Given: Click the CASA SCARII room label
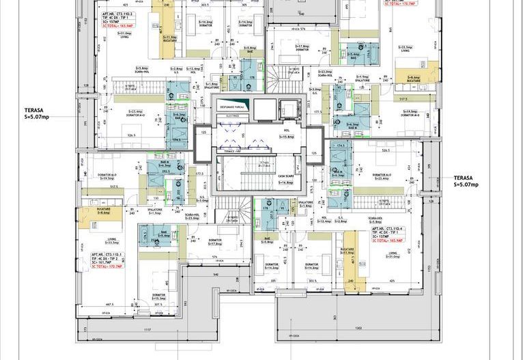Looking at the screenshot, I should click(x=285, y=179).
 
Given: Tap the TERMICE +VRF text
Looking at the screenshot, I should click(x=232, y=150).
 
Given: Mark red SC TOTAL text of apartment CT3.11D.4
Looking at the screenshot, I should click(x=387, y=240).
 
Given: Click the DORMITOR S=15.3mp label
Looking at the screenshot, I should click(x=158, y=296).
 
